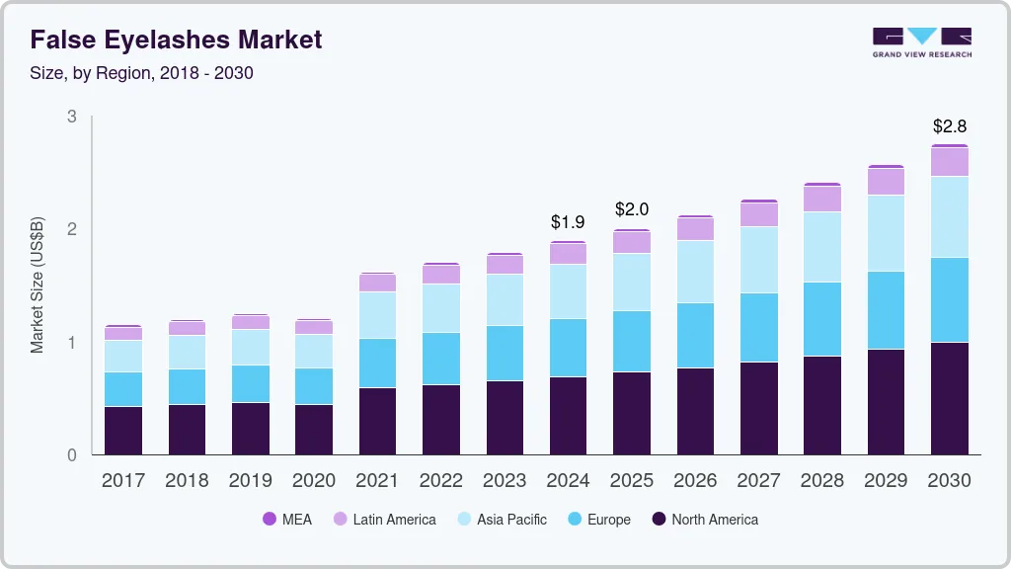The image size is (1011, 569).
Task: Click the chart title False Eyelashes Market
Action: pyautogui.click(x=176, y=40)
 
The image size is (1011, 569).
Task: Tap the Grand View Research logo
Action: pyautogui.click(x=921, y=41)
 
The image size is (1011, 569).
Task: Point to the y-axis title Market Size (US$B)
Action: pyautogui.click(x=38, y=284)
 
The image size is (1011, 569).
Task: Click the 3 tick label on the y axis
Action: pyautogui.click(x=71, y=117)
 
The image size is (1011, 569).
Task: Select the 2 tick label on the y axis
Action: pyautogui.click(x=71, y=229)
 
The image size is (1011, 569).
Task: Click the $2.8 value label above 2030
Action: pyautogui.click(x=950, y=126)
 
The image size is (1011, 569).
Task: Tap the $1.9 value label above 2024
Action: pyautogui.click(x=569, y=222)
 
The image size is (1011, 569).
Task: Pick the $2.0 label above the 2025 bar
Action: pyautogui.click(x=632, y=209)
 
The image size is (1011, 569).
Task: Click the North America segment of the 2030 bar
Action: pyautogui.click(x=950, y=398)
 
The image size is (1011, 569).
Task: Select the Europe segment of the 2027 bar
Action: pyautogui.click(x=759, y=327)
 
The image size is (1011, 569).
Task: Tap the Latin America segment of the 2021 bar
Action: pyautogui.click(x=377, y=283)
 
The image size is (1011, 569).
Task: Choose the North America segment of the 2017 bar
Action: pyautogui.click(x=123, y=430)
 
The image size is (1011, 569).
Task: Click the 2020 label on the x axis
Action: pyautogui.click(x=314, y=481)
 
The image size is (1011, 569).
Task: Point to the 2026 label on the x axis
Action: pyautogui.click(x=696, y=481)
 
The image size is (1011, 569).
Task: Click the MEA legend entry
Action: pyautogui.click(x=287, y=520)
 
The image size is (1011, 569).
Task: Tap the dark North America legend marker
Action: pyautogui.click(x=659, y=520)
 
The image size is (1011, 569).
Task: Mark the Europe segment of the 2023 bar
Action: pyautogui.click(x=505, y=353)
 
